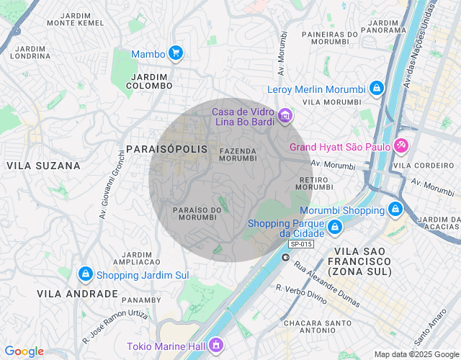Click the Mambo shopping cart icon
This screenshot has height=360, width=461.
[x=175, y=53]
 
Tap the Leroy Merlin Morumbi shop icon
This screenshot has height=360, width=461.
[x=375, y=89]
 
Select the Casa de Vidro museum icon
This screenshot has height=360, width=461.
[x=285, y=116]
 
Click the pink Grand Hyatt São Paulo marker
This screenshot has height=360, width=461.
[x=401, y=146]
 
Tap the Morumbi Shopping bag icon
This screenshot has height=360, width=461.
[x=395, y=210]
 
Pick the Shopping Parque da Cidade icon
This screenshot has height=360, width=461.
[x=334, y=228]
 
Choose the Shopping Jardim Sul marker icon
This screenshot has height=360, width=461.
[x=86, y=274]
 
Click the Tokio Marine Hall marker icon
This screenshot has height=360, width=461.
[x=215, y=346]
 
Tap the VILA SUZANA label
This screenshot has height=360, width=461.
[x=43, y=166]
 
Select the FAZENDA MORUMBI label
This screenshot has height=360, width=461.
[x=238, y=154]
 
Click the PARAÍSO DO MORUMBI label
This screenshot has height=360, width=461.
[x=197, y=213]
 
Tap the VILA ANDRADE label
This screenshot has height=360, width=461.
[x=78, y=294]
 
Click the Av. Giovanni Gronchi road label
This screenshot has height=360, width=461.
[x=111, y=186]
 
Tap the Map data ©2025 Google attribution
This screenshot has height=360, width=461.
[x=416, y=354]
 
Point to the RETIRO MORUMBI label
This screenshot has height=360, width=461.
[x=313, y=183]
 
